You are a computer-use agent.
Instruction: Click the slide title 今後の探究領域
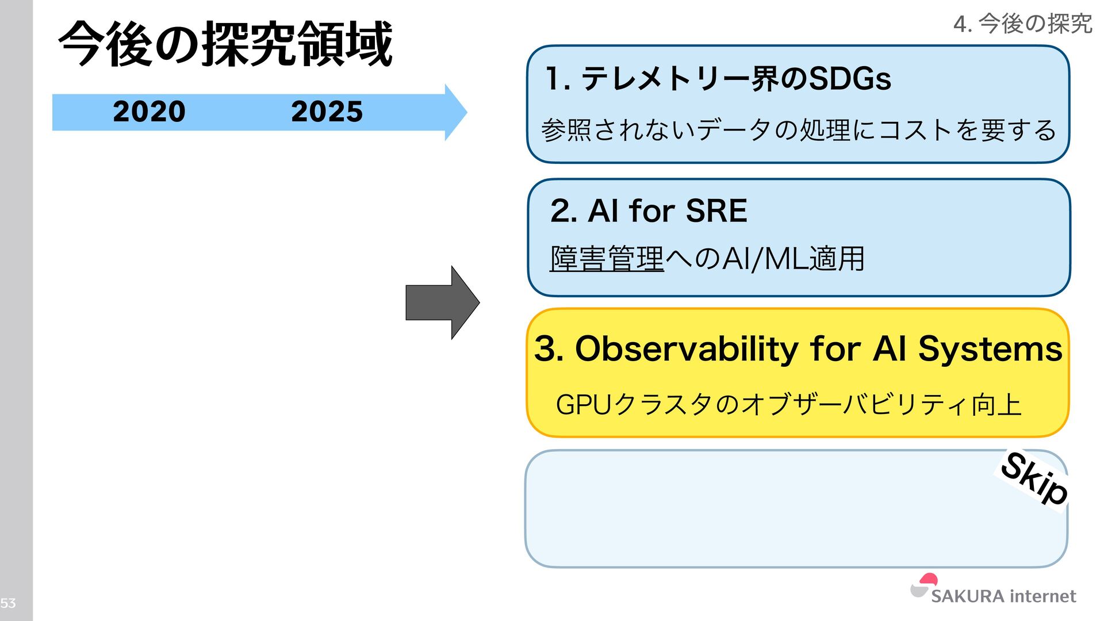coord(225,44)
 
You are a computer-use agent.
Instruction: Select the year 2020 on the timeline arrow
coord(149,111)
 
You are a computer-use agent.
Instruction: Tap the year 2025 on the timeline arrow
coord(327,111)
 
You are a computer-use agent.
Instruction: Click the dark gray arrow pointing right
coord(442,302)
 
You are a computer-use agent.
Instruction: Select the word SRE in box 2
coord(716,210)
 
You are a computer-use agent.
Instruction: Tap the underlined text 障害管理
coord(607,258)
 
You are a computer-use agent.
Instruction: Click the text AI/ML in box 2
coord(764,258)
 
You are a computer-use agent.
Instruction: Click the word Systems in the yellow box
coord(990,349)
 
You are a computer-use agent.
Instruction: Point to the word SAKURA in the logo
coord(967,596)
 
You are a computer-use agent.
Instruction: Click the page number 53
coord(8,603)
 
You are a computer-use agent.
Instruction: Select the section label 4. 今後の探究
coord(1022,24)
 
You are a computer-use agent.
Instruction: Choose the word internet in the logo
coord(1042,596)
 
